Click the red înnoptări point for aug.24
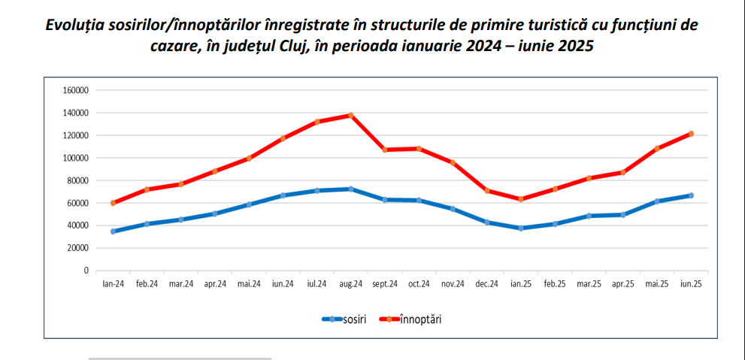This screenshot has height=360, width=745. [x=351, y=116]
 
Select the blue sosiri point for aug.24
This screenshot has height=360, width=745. [x=351, y=189]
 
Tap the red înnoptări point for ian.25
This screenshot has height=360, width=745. [x=520, y=199]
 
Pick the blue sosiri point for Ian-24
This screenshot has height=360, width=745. [x=114, y=231]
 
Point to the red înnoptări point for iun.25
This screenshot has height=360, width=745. [x=691, y=134]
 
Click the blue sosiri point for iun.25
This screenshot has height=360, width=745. [x=691, y=195]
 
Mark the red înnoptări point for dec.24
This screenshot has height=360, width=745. [x=487, y=191]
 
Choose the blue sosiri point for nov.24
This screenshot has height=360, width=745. [x=453, y=209]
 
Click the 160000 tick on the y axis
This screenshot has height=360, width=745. [x=77, y=90]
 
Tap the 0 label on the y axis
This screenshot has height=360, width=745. [x=86, y=271]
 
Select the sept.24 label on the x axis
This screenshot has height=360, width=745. [x=384, y=284]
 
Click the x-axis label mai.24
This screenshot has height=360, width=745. [x=249, y=284]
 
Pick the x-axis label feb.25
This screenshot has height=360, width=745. [x=555, y=284]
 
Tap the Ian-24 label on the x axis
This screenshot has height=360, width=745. [x=114, y=284]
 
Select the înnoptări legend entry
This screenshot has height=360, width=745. [x=420, y=319]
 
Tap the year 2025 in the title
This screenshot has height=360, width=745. [x=574, y=46]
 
